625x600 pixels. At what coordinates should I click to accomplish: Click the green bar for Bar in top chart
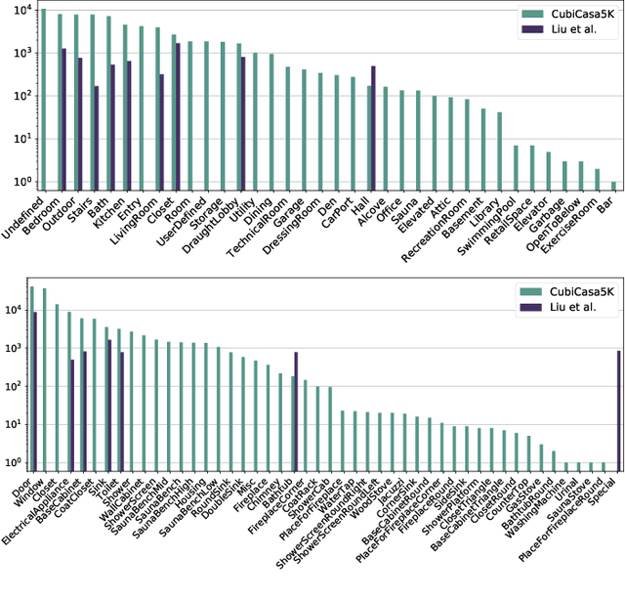click(x=613, y=186)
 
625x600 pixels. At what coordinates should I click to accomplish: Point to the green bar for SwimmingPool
click(x=516, y=167)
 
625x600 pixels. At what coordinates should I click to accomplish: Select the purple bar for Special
click(x=618, y=410)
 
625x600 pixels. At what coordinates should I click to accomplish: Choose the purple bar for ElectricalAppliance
click(x=72, y=414)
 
